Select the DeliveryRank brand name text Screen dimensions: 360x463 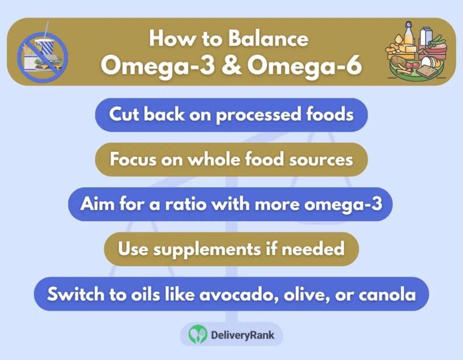pyautogui.click(x=242, y=335)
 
